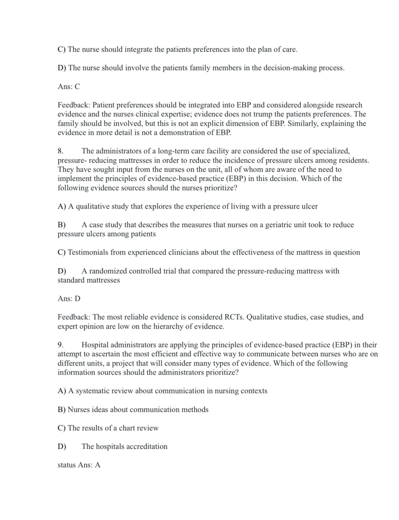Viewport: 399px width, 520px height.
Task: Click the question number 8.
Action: click(60, 151)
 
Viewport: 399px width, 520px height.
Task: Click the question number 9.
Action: click(60, 345)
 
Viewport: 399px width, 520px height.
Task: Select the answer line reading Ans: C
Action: click(69, 87)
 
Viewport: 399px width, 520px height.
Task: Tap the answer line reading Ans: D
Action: click(69, 299)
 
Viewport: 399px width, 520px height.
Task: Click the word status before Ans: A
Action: click(67, 465)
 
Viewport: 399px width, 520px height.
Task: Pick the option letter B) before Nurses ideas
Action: click(62, 410)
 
